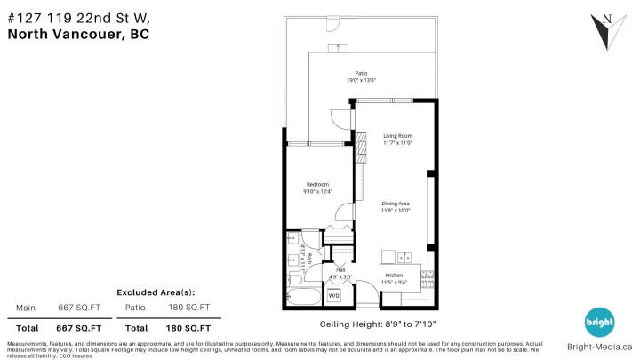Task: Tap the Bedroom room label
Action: pyautogui.click(x=318, y=184)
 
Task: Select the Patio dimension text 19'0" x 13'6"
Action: pyautogui.click(x=361, y=81)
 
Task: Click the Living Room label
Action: pyautogui.click(x=396, y=135)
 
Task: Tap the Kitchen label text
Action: pyautogui.click(x=394, y=276)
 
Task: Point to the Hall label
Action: pyautogui.click(x=340, y=268)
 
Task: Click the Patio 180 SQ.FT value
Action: pyautogui.click(x=191, y=308)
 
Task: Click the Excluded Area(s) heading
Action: pyautogui.click(x=156, y=292)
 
